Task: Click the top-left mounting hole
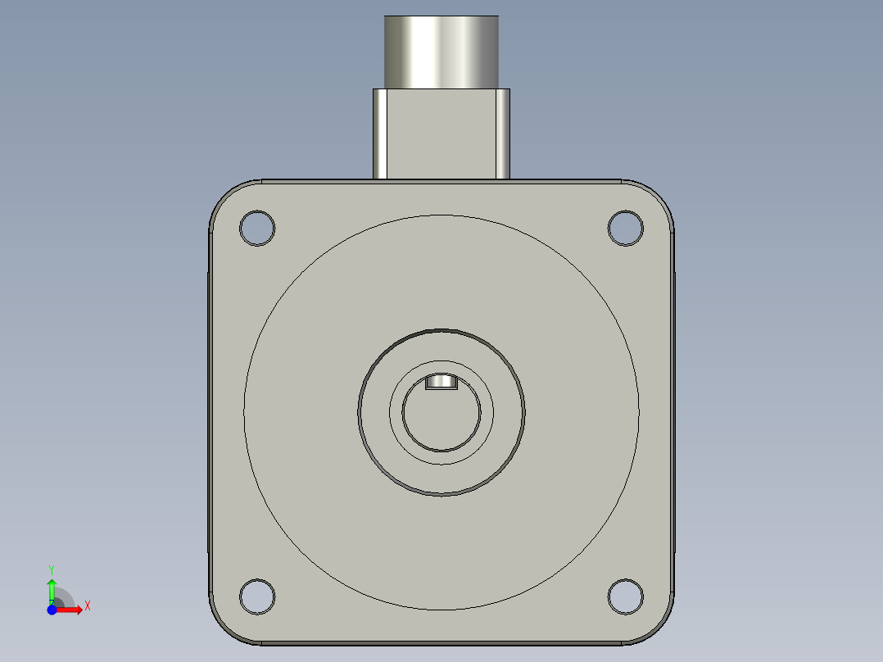[256, 227]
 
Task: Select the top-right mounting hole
[625, 227]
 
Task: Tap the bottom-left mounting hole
[256, 596]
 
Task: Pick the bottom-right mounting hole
[625, 596]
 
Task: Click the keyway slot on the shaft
[441, 382]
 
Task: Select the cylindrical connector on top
[441, 52]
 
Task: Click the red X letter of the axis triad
[88, 606]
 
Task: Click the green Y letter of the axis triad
[52, 569]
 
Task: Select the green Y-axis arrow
[52, 588]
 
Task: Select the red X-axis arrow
[71, 610]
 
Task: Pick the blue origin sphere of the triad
[52, 610]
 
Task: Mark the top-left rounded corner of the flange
[225, 197]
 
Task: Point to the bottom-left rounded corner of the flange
[225, 627]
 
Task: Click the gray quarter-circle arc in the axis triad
[65, 597]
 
